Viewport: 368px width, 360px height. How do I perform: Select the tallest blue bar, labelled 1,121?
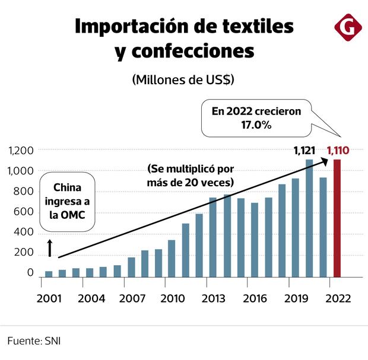click(309, 218)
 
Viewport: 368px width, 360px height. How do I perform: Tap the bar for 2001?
click(49, 273)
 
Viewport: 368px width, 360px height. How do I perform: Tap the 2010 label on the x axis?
click(172, 298)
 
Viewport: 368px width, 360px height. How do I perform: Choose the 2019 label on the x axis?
click(295, 298)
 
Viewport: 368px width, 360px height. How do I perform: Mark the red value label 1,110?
click(337, 151)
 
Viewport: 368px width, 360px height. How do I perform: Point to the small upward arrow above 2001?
click(50, 249)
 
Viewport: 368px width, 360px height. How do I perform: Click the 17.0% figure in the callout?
click(256, 125)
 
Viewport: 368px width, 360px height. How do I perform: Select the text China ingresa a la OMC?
click(67, 201)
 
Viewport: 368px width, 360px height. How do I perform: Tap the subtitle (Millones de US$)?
click(183, 79)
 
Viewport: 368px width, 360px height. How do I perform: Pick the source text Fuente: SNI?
click(34, 341)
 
